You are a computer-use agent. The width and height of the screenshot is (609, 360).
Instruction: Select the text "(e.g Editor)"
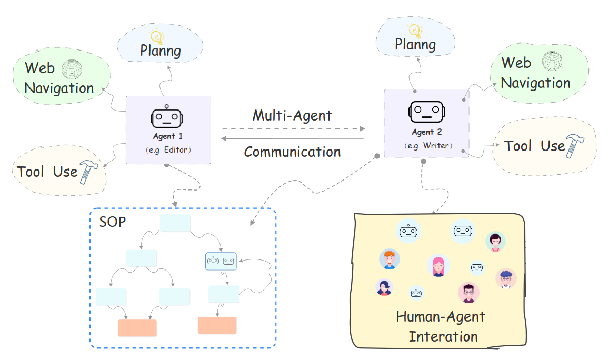click(x=168, y=150)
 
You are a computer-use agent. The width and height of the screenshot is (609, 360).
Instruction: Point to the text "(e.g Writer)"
click(x=427, y=145)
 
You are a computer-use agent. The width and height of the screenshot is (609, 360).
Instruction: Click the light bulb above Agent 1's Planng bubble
click(x=156, y=37)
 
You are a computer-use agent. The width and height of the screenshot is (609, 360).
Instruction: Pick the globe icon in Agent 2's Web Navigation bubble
click(x=552, y=62)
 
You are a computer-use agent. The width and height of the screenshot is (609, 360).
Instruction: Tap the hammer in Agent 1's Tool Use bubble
click(x=87, y=172)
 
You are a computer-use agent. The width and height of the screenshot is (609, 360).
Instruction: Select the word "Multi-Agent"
click(x=292, y=115)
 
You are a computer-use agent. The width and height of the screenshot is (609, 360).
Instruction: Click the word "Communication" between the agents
click(x=292, y=152)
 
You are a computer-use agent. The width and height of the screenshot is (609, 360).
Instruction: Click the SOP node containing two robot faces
click(x=221, y=261)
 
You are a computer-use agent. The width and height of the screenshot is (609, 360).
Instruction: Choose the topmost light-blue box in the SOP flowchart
click(x=175, y=223)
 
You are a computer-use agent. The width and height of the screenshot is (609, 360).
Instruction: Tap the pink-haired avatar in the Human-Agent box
click(x=438, y=266)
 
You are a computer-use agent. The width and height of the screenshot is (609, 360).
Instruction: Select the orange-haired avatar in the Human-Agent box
click(x=389, y=259)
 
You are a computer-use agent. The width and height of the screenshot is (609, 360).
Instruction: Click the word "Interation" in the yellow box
click(x=443, y=336)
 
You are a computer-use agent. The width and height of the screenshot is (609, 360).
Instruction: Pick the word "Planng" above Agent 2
click(x=415, y=44)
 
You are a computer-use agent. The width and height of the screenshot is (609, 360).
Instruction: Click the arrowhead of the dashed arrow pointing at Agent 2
click(x=362, y=128)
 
